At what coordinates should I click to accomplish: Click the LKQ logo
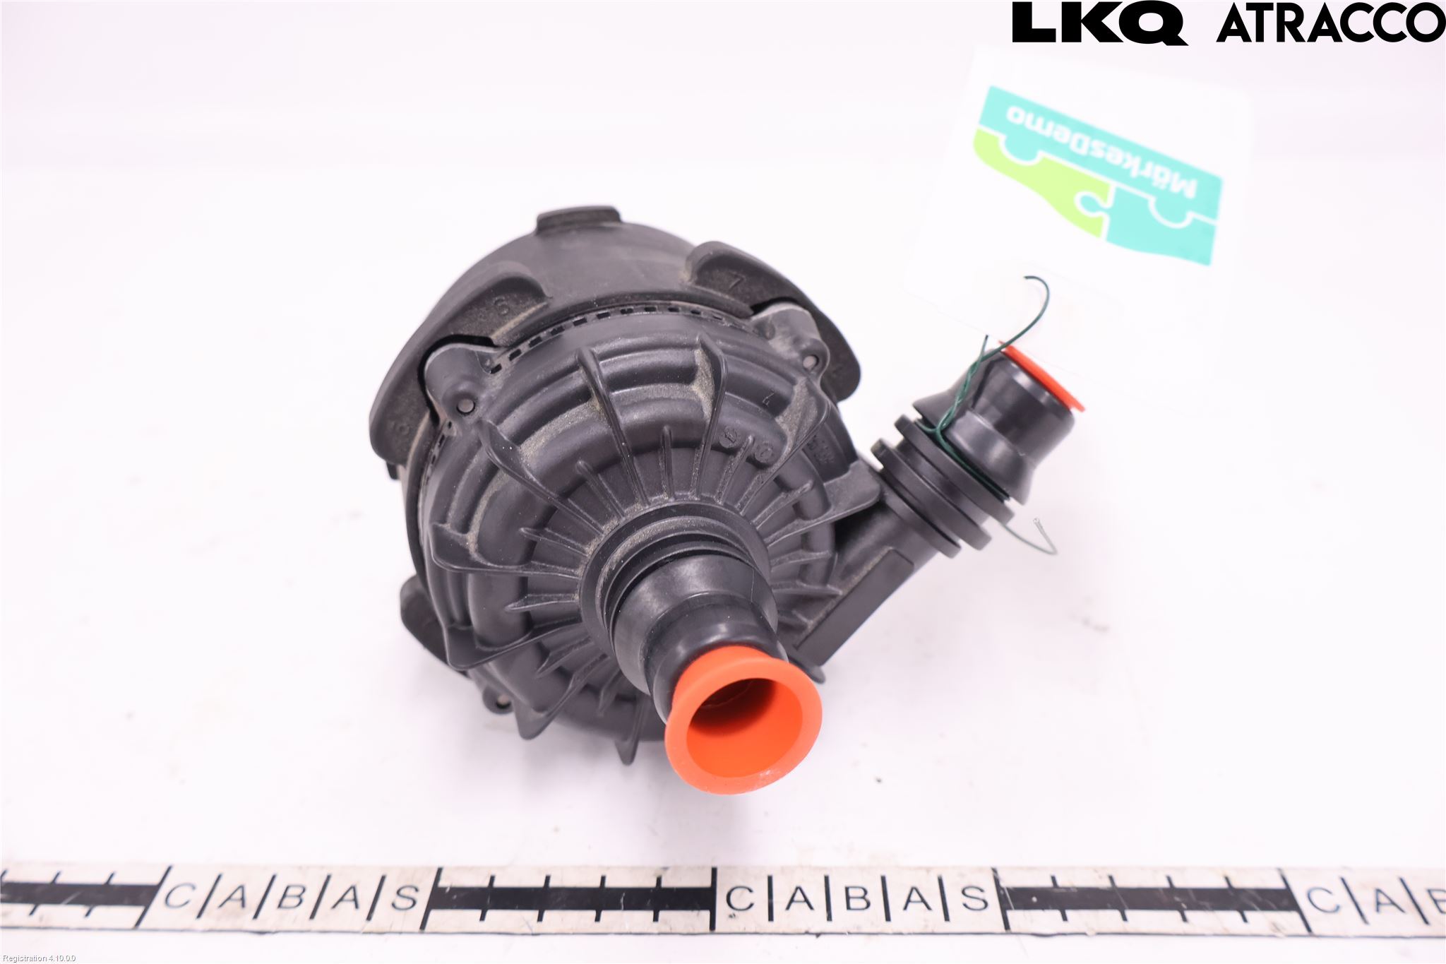pos(1099,23)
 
